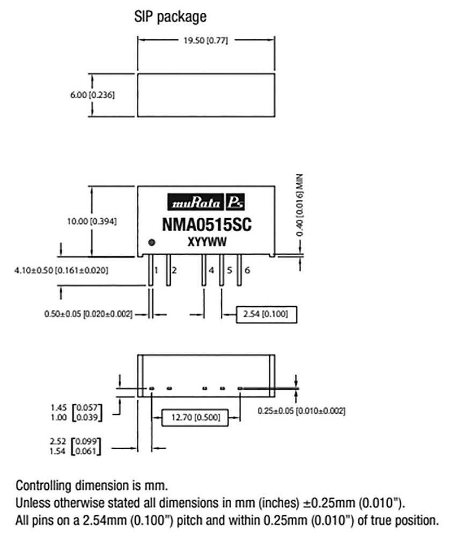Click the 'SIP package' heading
(x=170, y=17)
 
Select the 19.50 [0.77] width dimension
(x=206, y=41)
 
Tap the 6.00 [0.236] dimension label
(x=92, y=94)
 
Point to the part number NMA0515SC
(x=206, y=224)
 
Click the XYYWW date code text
(x=206, y=242)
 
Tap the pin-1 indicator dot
(x=152, y=242)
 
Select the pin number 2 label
(x=174, y=270)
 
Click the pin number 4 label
(x=211, y=270)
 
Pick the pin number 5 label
(x=229, y=270)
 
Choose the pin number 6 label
(x=247, y=270)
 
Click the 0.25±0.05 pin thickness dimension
(x=300, y=411)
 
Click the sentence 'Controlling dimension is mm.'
(x=92, y=486)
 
